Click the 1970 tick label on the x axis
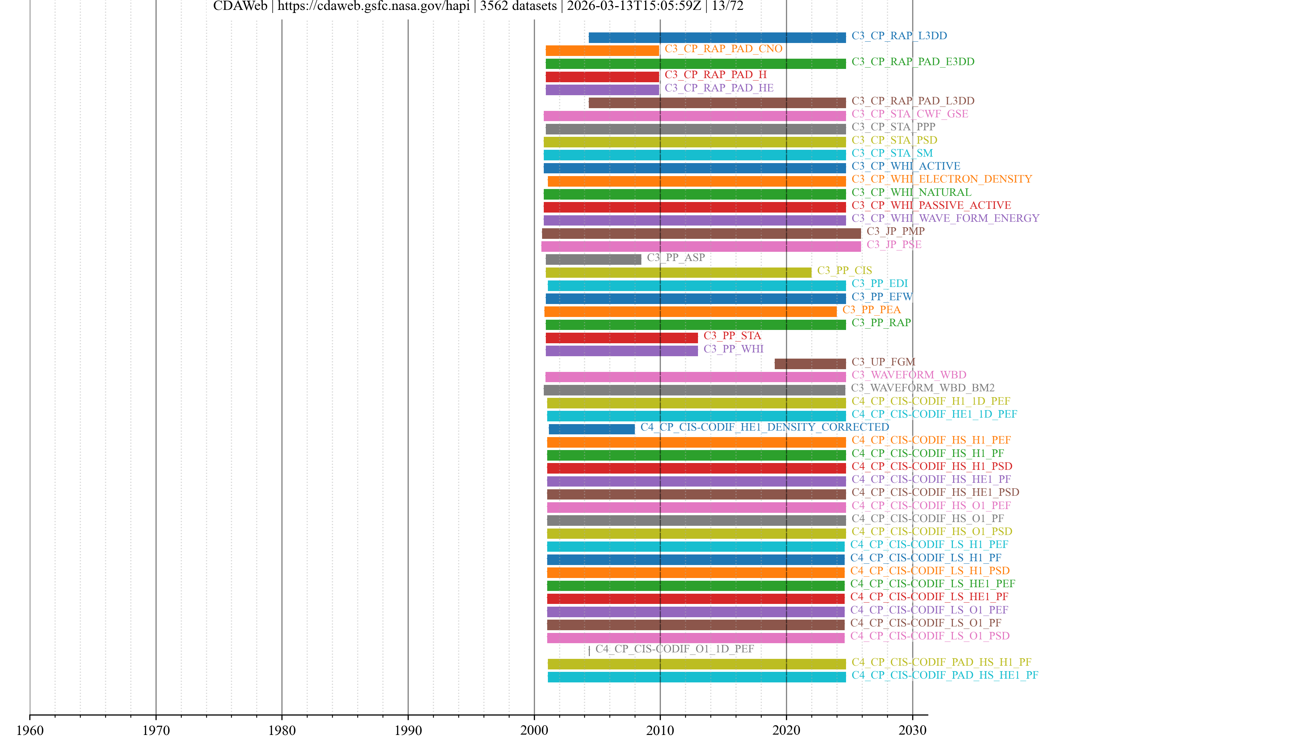point(156,730)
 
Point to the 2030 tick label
point(912,730)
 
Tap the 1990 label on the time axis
point(408,730)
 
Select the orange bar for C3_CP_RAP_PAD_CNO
point(602,50)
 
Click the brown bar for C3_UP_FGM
point(810,364)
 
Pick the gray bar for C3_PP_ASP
point(594,259)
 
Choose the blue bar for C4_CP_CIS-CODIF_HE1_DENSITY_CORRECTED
point(592,429)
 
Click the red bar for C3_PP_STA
point(622,338)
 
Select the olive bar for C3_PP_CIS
point(679,272)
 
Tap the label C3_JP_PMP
point(896,231)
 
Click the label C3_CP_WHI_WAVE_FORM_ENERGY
point(945,218)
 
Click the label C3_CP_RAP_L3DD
point(899,35)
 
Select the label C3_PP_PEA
point(871,310)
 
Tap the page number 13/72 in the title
point(727,6)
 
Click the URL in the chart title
point(373,6)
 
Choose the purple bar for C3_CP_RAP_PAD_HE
point(602,89)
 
